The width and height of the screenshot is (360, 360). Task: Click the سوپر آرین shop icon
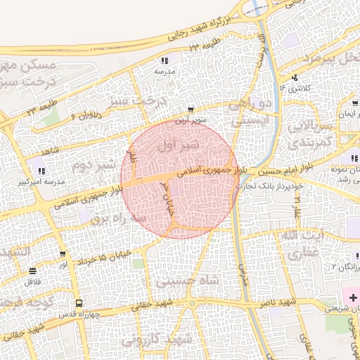click(x=191, y=110)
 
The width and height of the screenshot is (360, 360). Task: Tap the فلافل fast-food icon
click(x=32, y=271)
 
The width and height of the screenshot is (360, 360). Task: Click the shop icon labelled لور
click(x=63, y=255)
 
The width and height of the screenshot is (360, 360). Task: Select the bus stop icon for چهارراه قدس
click(x=79, y=304)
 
